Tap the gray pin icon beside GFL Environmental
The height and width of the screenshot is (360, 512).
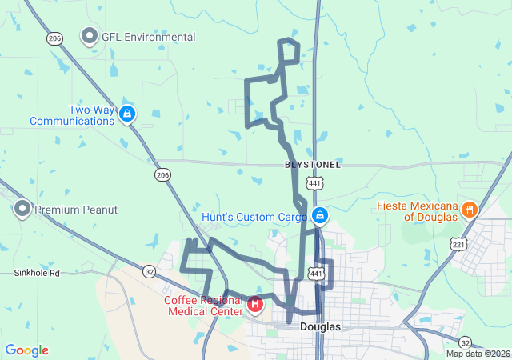tap(90, 36)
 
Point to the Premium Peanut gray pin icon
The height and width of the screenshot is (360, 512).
tap(22, 210)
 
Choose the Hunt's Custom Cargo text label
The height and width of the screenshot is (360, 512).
tap(254, 217)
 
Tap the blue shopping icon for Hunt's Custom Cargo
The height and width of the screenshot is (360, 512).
tap(319, 216)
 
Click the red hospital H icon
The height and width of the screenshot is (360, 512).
tap(254, 304)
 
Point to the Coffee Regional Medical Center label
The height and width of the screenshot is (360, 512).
tap(203, 305)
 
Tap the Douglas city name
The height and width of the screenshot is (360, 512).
tap(321, 327)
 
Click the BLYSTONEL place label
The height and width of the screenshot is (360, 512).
tap(313, 165)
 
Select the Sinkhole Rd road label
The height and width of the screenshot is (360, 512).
tap(37, 273)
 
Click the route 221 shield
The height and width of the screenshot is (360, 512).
tap(458, 243)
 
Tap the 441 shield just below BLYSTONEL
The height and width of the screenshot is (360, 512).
tap(314, 183)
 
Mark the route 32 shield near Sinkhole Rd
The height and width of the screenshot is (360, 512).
tap(150, 271)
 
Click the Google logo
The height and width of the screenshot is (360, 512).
tap(26, 350)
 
